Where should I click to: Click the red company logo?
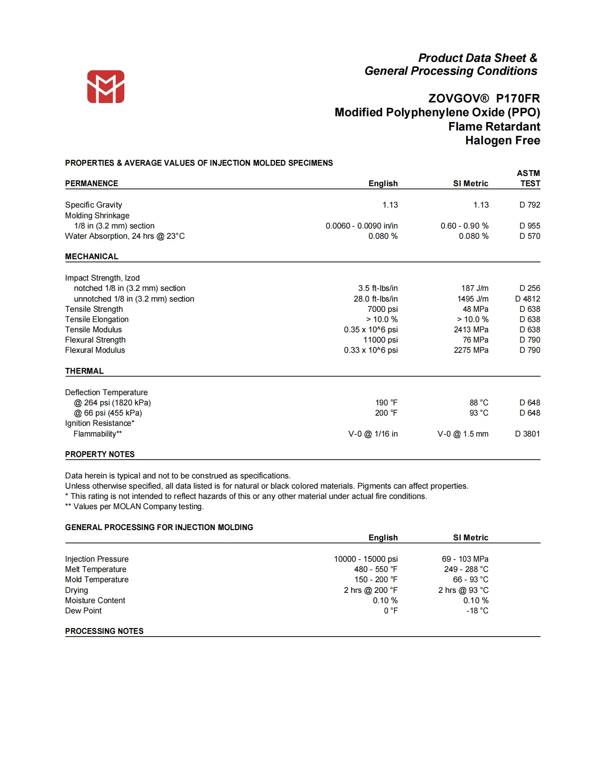[106, 86]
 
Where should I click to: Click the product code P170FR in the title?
[518, 98]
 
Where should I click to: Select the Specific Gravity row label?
[94, 205]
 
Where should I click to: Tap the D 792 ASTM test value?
[529, 205]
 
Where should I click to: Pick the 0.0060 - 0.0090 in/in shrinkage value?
[361, 226]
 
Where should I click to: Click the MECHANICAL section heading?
[92, 257]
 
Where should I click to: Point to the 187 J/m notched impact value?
[475, 288]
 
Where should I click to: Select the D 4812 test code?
[528, 299]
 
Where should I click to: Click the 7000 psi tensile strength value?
[382, 309]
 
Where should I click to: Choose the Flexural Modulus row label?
[95, 350]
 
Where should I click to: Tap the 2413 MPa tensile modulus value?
[471, 330]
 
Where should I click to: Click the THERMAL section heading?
[84, 371]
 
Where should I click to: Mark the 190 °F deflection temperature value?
[386, 403]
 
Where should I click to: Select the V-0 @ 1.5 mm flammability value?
[463, 434]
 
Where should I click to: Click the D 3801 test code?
[528, 434]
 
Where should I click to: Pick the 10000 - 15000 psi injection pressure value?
[366, 559]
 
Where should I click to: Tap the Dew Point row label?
[83, 611]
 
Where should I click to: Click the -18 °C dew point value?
[477, 611]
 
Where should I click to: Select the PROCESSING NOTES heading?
[104, 631]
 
